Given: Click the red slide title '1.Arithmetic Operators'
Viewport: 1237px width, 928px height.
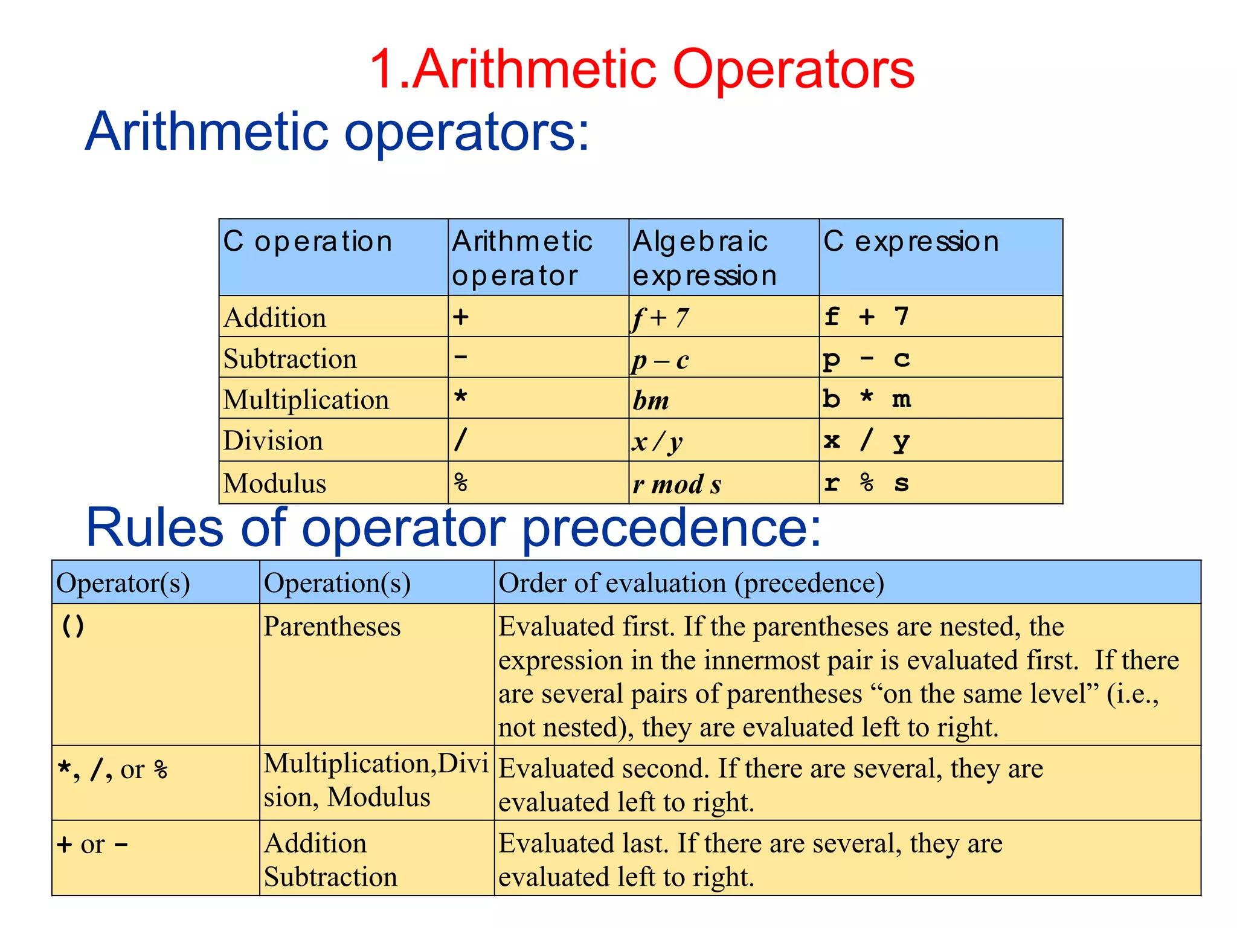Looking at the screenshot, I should [641, 70].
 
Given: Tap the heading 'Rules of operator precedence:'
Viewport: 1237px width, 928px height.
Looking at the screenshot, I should [454, 528].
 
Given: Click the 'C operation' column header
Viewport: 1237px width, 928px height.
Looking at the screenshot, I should [307, 242].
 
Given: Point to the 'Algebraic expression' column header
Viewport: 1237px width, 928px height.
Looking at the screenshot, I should [704, 258].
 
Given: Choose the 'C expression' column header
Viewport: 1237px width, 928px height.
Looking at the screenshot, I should [911, 242].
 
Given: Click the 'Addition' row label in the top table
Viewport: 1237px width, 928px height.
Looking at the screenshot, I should [275, 318].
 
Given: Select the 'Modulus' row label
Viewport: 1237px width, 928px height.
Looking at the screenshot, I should [275, 483].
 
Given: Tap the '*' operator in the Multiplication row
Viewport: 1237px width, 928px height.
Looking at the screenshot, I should [461, 398].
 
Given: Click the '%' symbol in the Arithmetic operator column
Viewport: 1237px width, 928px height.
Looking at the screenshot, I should [461, 483].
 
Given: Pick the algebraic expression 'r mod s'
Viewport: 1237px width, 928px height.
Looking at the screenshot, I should [677, 485].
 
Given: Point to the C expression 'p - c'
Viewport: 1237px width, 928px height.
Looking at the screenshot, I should [866, 359].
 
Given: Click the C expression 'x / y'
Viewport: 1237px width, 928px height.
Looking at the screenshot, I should [866, 440].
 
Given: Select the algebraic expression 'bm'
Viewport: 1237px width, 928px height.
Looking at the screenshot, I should [651, 401].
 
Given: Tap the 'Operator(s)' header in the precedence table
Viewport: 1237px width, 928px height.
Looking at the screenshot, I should [123, 584].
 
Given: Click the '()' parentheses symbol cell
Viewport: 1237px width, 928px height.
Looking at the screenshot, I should [73, 627].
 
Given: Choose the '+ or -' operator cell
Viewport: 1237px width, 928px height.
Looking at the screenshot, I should [92, 844].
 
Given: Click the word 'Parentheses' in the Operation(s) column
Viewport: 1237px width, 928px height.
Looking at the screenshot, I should [332, 627].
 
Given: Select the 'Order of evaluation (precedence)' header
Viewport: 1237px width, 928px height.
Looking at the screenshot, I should [691, 584].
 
